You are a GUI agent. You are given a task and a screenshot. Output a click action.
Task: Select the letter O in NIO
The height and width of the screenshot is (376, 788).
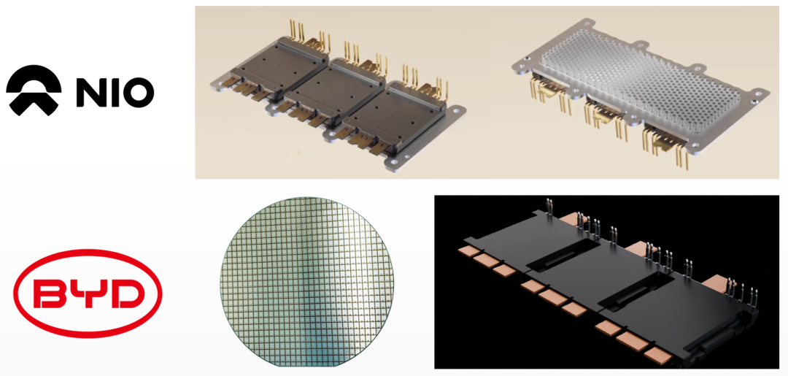click(x=139, y=91)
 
